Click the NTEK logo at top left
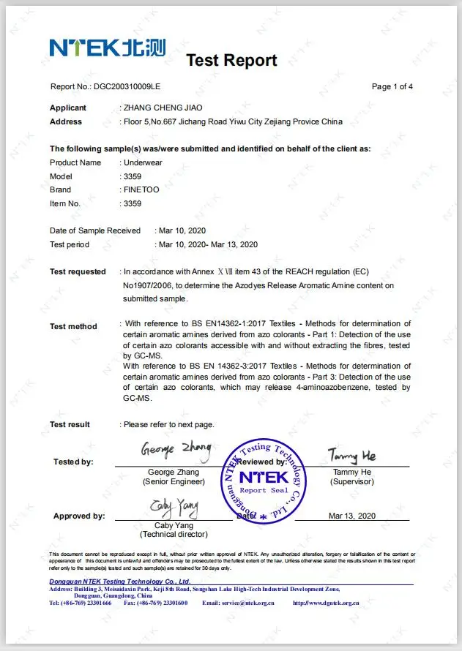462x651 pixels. (107, 48)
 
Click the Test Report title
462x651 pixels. (231, 60)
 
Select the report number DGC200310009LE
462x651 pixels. (127, 87)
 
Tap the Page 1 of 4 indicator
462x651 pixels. (392, 87)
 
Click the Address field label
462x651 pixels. (66, 121)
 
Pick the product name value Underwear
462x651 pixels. (144, 162)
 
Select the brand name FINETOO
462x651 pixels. (143, 189)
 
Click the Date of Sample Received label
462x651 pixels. (95, 230)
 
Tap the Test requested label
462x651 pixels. (78, 271)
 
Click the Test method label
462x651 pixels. (73, 326)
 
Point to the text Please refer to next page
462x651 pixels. (169, 424)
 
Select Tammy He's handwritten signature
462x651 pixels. (352, 456)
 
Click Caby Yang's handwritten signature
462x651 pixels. (174, 507)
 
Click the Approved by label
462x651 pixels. (79, 516)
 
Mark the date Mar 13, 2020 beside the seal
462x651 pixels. (352, 516)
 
